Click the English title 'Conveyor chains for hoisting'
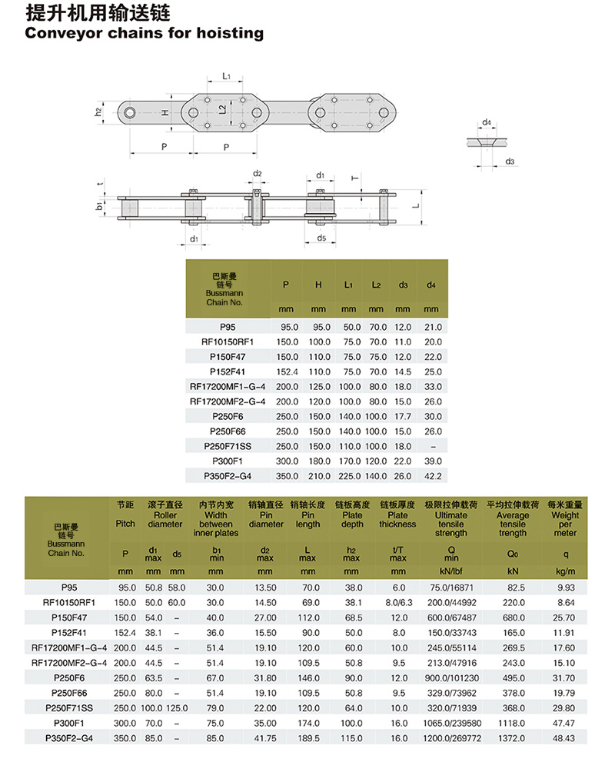point(144,33)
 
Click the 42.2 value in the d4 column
point(434,476)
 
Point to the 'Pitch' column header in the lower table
point(125,523)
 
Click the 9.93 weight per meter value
point(565,587)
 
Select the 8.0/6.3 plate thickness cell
point(397,602)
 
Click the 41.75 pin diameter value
point(265,737)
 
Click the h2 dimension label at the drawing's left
point(98,112)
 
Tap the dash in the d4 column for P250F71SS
point(434,446)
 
